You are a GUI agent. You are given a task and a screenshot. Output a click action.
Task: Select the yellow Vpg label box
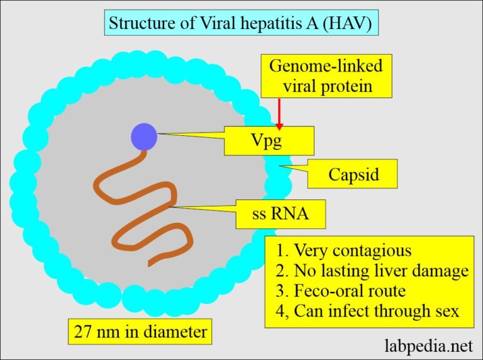(x=269, y=140)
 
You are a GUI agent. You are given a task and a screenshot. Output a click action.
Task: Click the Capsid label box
(x=352, y=174)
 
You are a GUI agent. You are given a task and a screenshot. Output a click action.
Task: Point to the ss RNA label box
(x=280, y=214)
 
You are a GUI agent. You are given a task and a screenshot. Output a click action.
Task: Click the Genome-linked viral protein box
(x=326, y=76)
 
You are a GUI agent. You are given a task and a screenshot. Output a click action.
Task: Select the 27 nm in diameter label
(x=139, y=329)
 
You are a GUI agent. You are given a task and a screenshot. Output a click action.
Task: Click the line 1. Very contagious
(x=343, y=250)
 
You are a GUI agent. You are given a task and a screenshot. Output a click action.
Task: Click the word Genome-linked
(x=326, y=65)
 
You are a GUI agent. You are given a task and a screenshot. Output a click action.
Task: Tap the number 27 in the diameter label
(x=83, y=329)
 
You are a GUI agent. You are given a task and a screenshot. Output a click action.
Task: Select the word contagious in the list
(x=373, y=250)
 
